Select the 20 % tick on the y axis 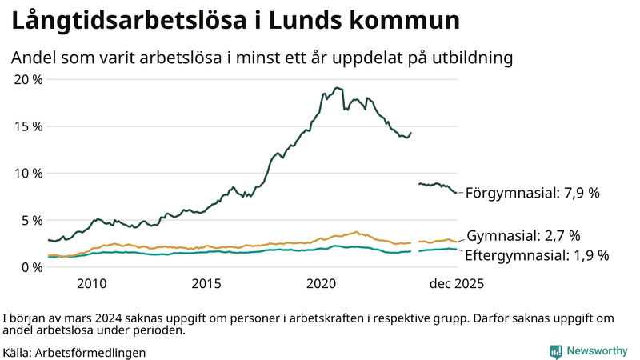pyautogui.click(x=27, y=79)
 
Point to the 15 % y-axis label pyautogui.click(x=27, y=126)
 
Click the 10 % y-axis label pyautogui.click(x=27, y=173)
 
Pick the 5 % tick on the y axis pyautogui.click(x=30, y=220)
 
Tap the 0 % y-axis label pyautogui.click(x=30, y=266)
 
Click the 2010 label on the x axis pyautogui.click(x=91, y=284)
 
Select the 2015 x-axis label pyautogui.click(x=206, y=284)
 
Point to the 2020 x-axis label pyautogui.click(x=322, y=284)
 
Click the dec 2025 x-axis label pyautogui.click(x=455, y=284)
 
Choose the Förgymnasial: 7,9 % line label pyautogui.click(x=532, y=193)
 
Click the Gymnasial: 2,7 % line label pyautogui.click(x=523, y=236)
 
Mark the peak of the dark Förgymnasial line pyautogui.click(x=337, y=87)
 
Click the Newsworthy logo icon pyautogui.click(x=555, y=351)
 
